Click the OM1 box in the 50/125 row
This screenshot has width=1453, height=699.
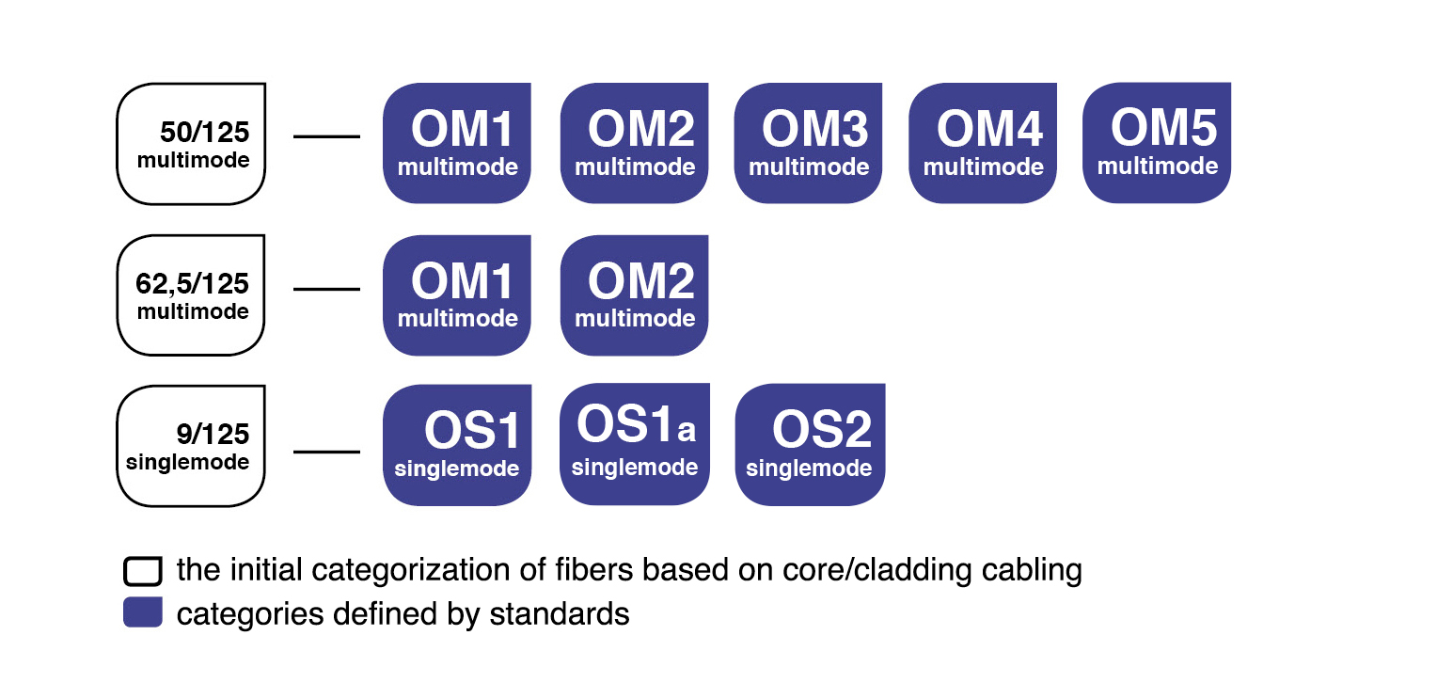(x=457, y=143)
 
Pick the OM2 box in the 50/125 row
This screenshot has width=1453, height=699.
(x=635, y=143)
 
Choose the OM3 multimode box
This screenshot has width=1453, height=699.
(x=808, y=143)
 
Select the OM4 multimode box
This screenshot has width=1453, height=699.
(x=983, y=143)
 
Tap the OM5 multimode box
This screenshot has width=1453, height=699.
(x=1157, y=143)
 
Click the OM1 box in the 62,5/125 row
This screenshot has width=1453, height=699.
(x=457, y=295)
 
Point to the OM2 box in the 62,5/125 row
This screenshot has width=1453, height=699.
(x=635, y=295)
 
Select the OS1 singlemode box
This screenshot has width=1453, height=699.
(x=457, y=445)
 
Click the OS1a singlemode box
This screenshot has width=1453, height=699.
(x=635, y=444)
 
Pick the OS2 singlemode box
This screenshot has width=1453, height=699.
(x=810, y=445)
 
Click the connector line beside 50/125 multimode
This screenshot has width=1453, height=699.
(x=327, y=136)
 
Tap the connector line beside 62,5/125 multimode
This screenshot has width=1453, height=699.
(x=327, y=289)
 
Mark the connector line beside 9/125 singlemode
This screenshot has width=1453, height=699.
(x=327, y=452)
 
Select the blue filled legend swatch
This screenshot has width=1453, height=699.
(x=143, y=612)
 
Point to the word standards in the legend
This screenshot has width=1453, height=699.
(x=560, y=614)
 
